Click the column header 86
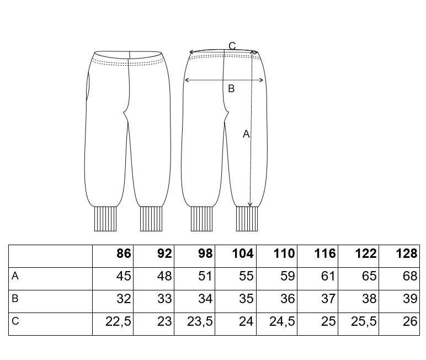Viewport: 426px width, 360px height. (x=124, y=253)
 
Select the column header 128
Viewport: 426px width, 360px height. (x=407, y=253)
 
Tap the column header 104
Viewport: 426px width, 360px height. (x=243, y=253)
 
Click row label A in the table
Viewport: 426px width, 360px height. (x=15, y=276)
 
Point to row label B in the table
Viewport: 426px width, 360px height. (x=15, y=299)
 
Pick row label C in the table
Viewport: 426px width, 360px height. (x=15, y=321)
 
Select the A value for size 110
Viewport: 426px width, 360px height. (x=287, y=276)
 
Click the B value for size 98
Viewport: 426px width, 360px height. (x=205, y=299)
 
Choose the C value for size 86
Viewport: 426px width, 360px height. (x=118, y=322)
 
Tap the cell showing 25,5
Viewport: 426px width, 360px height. (x=364, y=322)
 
